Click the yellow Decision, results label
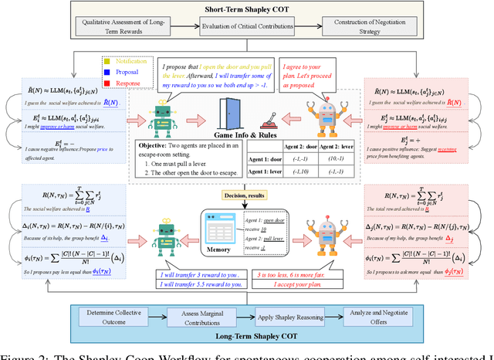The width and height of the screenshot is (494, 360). (x=248, y=198)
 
